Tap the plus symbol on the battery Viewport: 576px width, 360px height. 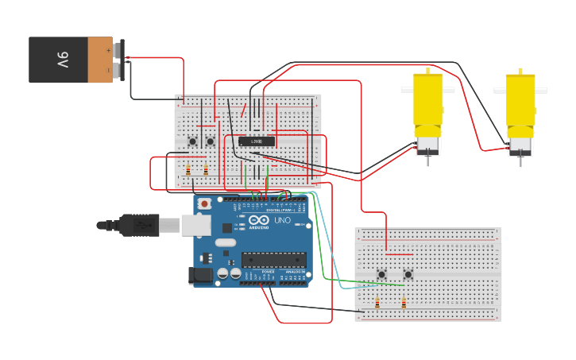click(109, 50)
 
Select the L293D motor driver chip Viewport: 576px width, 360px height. click(257, 141)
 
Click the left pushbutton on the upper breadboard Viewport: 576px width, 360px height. click(192, 142)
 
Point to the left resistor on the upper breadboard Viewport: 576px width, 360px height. click(188, 169)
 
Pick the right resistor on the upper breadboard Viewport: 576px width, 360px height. click(206, 169)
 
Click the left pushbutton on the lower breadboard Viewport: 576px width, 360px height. click(381, 275)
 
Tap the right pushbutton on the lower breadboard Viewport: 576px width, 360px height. click(408, 275)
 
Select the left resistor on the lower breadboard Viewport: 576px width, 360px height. click(377, 303)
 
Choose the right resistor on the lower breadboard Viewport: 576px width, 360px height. click(404, 303)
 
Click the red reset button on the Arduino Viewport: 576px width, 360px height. click(205, 204)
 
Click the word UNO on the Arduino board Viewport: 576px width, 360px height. click(282, 220)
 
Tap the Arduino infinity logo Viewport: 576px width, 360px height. click(259, 220)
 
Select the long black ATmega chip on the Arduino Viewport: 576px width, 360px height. click(274, 260)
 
